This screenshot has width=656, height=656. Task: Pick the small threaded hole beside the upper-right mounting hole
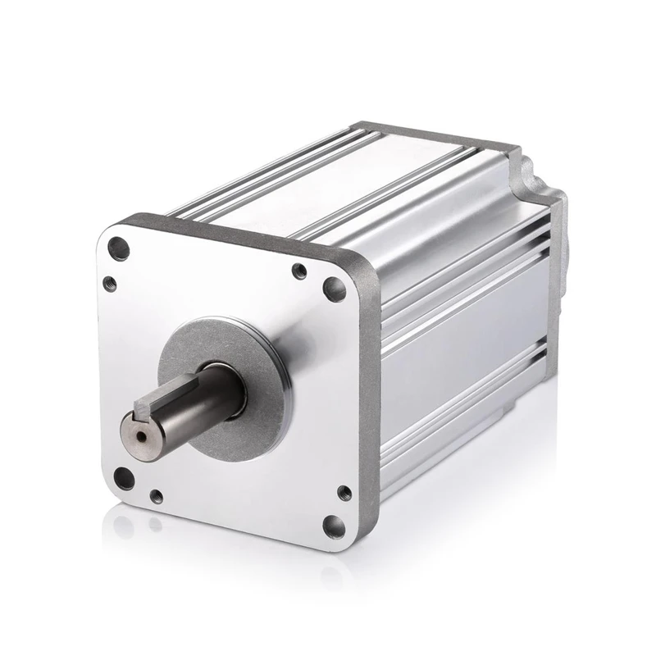(300, 271)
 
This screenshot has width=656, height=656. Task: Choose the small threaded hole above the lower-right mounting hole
(344, 493)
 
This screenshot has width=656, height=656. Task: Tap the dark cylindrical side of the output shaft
(201, 402)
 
